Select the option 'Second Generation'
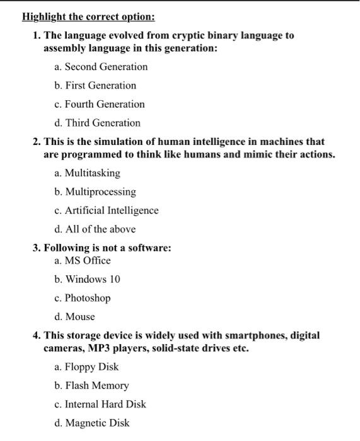point(106,67)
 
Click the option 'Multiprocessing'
point(100,192)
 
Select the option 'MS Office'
point(88,261)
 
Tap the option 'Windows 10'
point(92,279)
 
